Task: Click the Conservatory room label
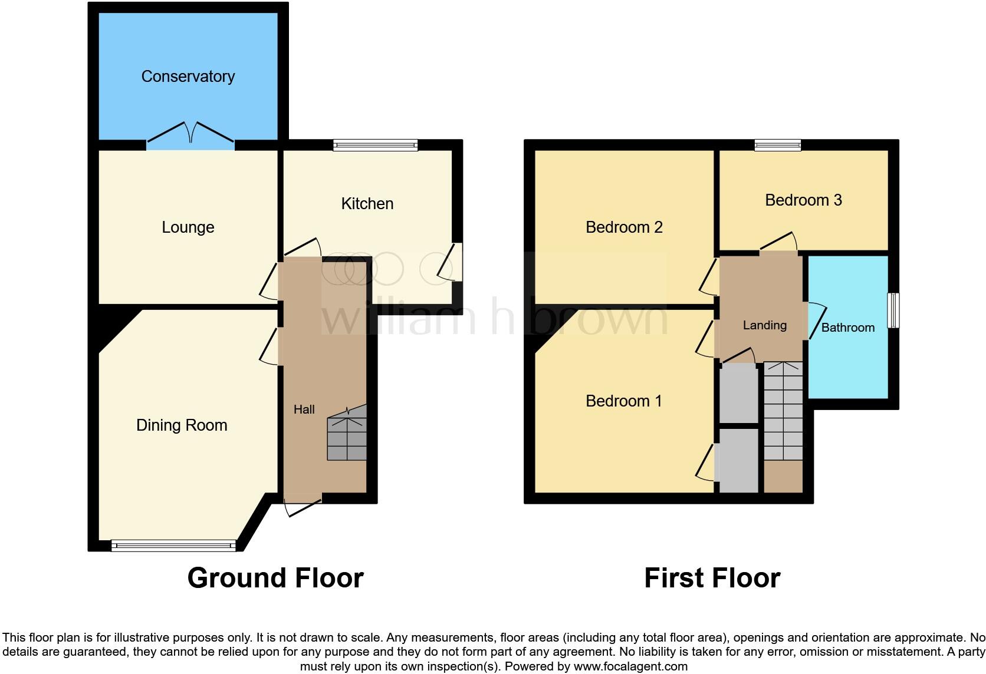188,77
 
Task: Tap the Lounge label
188,227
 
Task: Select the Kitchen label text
367,204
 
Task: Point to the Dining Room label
182,425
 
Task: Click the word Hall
304,409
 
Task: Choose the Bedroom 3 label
803,200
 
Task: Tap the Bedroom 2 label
624,227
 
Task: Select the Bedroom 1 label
623,401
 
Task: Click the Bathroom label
848,328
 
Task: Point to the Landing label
764,325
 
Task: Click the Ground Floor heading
275,578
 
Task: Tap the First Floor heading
712,578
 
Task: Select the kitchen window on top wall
375,145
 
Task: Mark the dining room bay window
173,546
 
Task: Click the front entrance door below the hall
303,505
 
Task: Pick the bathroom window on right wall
894,310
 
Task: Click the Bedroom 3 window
778,145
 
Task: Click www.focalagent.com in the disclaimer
630,667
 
